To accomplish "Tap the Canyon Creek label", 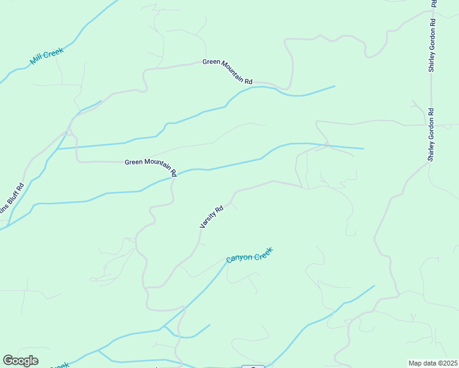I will coord(249,255).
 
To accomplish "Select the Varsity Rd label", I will coord(211,217).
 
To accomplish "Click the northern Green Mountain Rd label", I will coord(228,72).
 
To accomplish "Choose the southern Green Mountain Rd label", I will coord(151,166).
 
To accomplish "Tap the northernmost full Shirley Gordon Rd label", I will coord(432,45).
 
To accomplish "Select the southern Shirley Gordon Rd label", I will coord(431,135).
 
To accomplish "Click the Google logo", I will coord(21,361).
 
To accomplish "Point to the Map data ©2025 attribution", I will coord(433,363).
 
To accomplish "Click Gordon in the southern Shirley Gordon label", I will coord(431,132).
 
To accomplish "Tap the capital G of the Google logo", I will coord(8,361).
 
